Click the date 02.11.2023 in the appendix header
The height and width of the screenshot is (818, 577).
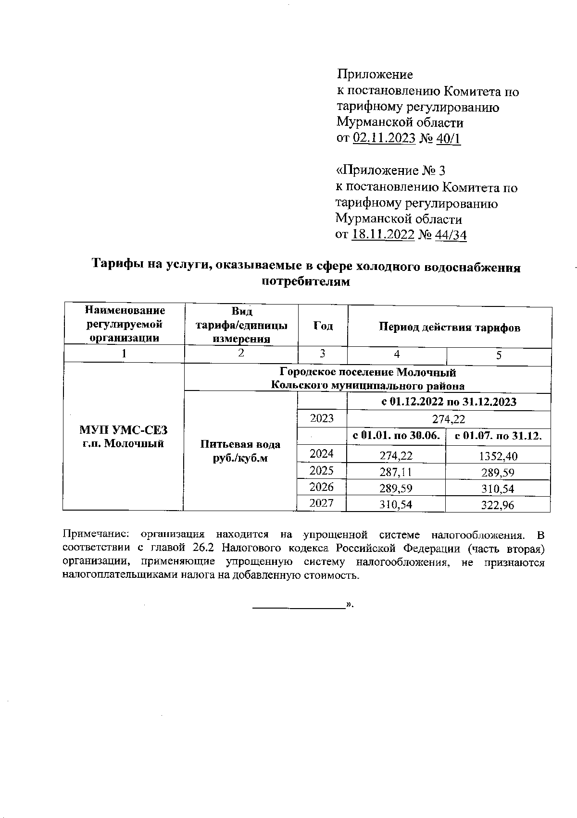tap(384, 138)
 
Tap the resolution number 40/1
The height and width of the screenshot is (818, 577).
tap(448, 138)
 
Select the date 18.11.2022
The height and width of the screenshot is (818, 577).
tap(383, 235)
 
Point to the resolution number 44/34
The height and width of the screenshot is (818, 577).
tap(451, 235)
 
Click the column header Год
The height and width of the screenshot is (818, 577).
tap(323, 326)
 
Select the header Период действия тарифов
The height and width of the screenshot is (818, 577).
tap(449, 328)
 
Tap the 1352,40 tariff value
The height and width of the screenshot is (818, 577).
tap(498, 456)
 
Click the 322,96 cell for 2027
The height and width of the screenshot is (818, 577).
tap(498, 505)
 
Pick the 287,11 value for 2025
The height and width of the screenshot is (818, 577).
tap(396, 472)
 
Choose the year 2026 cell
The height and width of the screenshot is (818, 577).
tap(322, 487)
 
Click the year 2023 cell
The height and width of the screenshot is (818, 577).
tap(322, 418)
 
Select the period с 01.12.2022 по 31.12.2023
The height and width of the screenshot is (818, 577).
tap(449, 402)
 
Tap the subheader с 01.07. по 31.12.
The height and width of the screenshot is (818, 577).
tap(498, 436)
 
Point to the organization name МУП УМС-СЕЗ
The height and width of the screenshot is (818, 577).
tap(124, 429)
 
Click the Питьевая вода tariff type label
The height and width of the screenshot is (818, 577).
tap(240, 444)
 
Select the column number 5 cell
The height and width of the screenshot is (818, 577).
tap(499, 355)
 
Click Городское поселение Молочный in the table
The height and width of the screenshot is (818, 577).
tap(367, 372)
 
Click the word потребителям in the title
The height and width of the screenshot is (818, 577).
tap(306, 281)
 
